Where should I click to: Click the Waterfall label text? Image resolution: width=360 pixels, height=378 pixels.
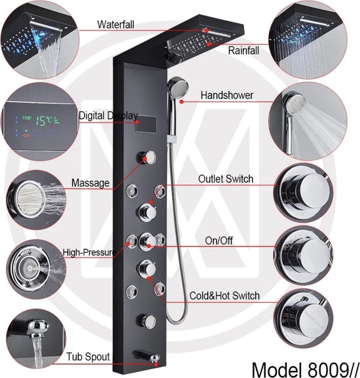116,25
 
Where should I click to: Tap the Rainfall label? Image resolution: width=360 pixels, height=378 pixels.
243,50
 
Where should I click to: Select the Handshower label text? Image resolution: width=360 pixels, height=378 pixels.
227,95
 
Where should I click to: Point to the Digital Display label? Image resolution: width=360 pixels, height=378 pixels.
108,116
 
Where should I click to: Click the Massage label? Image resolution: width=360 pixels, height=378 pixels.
90,183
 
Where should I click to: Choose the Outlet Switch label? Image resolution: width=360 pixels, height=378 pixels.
226,179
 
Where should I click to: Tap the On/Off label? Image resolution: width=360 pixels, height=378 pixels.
219,240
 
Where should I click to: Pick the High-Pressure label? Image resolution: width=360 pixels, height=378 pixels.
89,252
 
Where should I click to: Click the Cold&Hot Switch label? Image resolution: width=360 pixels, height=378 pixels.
225,296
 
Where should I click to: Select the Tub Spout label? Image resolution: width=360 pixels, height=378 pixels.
88,356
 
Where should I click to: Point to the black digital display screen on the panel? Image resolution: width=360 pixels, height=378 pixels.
146,124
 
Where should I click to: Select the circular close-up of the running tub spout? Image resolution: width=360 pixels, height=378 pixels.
35,339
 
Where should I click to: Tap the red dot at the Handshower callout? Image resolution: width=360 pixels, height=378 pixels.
182,102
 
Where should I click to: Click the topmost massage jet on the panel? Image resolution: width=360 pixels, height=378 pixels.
146,157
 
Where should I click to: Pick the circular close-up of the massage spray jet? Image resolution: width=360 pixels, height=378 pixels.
35,200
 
